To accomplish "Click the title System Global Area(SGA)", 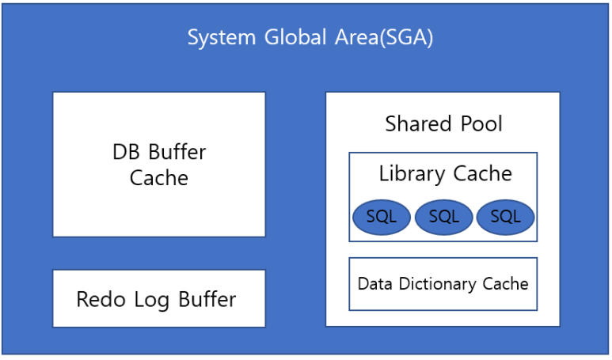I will [x=310, y=38].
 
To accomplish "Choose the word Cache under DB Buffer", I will [x=159, y=178].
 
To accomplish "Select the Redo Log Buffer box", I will [x=158, y=298].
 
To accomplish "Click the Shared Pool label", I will [x=443, y=124].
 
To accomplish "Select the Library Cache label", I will [x=444, y=173].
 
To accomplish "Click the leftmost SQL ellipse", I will [x=381, y=217].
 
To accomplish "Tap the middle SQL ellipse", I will [x=443, y=217].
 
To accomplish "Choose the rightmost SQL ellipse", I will [x=505, y=217].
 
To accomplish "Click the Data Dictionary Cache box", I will [x=443, y=283].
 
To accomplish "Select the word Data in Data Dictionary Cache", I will [x=374, y=283].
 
